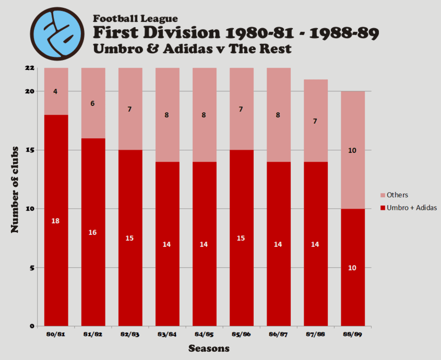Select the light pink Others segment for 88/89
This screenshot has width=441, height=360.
click(353, 130)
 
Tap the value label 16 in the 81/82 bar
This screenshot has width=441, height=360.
click(92, 232)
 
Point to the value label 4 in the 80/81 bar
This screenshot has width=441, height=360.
click(55, 92)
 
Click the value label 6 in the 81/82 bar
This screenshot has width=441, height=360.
click(92, 103)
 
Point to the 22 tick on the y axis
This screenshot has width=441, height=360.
click(30, 68)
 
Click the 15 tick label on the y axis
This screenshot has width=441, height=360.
click(30, 150)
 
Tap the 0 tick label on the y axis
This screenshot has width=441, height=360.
click(32, 327)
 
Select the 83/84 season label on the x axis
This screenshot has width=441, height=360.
click(167, 335)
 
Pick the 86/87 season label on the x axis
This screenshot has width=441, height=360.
click(278, 335)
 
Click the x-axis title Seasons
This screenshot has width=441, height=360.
click(209, 348)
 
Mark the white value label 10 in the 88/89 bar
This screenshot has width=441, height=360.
click(352, 268)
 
